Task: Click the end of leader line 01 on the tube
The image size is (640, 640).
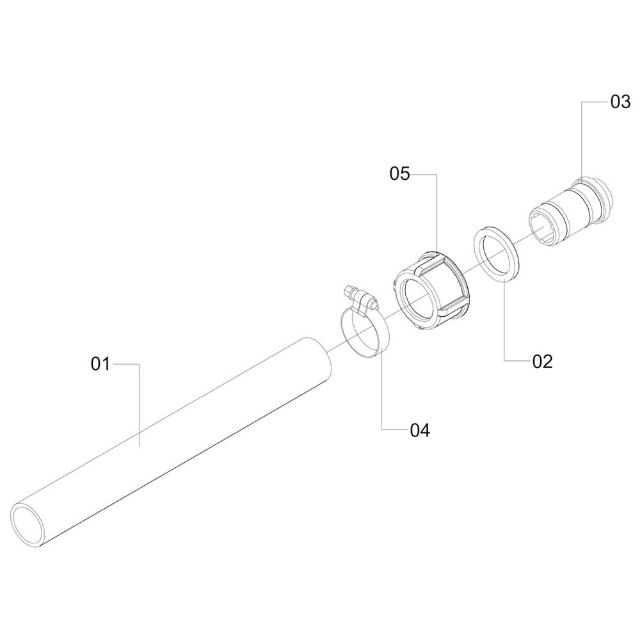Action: click(x=140, y=446)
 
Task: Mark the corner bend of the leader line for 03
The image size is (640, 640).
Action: click(x=581, y=102)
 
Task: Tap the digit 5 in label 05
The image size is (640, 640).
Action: click(x=404, y=174)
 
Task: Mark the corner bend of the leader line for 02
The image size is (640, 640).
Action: click(x=504, y=360)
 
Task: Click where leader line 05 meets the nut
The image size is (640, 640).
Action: click(x=436, y=252)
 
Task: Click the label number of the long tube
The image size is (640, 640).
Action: click(x=100, y=364)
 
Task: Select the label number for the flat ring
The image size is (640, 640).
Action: click(x=543, y=362)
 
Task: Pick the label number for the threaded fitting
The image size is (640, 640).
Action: click(x=620, y=102)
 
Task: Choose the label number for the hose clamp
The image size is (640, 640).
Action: click(x=420, y=431)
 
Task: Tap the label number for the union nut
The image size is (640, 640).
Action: click(x=399, y=174)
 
